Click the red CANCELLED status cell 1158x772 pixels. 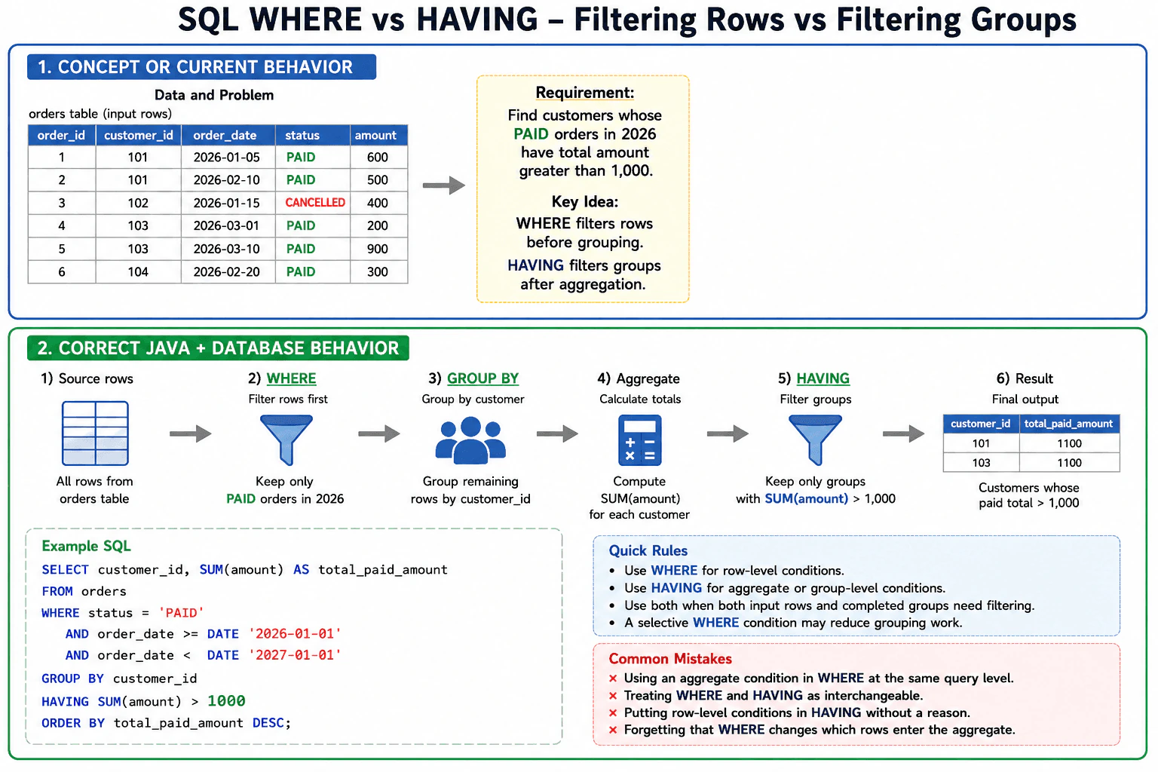[315, 203]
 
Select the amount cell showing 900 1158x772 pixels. [378, 249]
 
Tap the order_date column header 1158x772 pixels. [225, 136]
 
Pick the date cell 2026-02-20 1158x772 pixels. [226, 272]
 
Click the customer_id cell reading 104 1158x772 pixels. [138, 272]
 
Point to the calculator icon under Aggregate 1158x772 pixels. [639, 440]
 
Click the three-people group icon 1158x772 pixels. [470, 440]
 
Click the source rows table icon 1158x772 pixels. [95, 433]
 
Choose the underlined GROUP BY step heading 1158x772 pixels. [482, 378]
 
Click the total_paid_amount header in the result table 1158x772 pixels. [1068, 424]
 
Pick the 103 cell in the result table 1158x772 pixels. [981, 463]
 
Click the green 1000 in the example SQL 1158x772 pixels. [226, 700]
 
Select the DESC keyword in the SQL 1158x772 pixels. [268, 723]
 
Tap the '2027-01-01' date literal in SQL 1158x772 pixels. [296, 655]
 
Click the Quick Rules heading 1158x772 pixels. [648, 550]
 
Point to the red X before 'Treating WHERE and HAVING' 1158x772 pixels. [613, 695]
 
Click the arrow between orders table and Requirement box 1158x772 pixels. [444, 185]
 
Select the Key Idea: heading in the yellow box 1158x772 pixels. [585, 201]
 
